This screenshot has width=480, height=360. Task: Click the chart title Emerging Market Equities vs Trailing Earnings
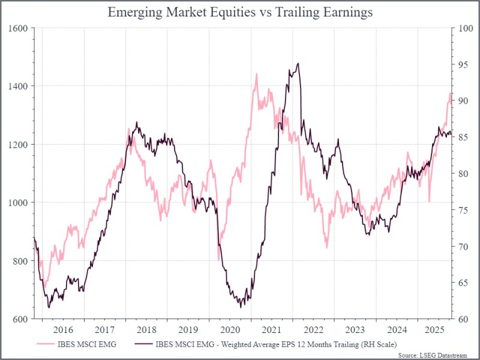239,13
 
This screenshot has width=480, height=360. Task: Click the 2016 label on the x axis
63,329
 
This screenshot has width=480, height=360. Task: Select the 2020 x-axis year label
230,329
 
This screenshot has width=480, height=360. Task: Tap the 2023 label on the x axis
356,329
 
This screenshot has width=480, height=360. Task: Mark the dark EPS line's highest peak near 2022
298,64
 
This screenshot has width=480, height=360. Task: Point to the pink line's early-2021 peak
257,74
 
